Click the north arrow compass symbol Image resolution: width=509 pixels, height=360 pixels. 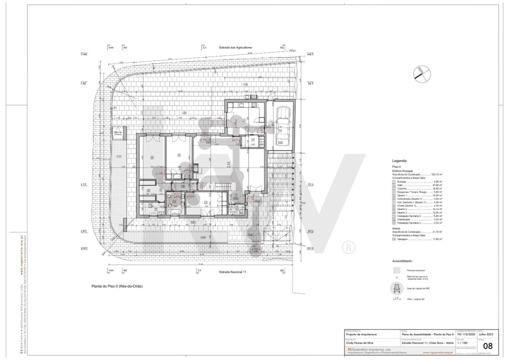pos(421,73)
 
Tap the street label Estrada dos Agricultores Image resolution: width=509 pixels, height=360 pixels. pos(235,47)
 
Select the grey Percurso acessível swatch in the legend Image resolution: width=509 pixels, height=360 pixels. pos(397,270)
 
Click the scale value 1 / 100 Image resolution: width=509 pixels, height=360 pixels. pos(464,343)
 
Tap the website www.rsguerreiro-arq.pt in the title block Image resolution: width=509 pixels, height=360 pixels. pos(437,352)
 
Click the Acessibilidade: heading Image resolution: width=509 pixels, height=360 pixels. pos(402,261)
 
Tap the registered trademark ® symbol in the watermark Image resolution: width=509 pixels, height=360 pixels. pos(347,247)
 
